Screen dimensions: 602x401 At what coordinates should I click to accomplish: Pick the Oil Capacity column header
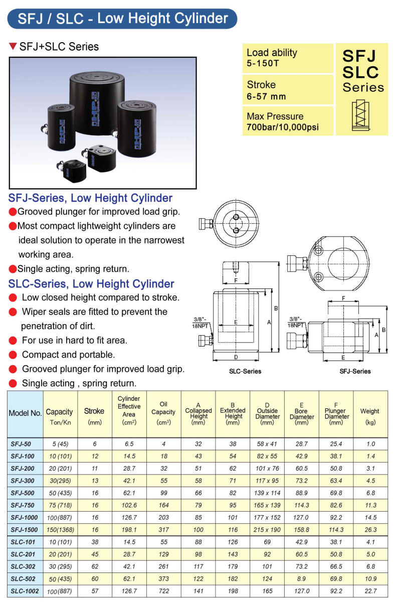pyautogui.click(x=163, y=412)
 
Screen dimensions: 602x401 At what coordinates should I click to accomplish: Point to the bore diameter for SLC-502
pyautogui.click(x=301, y=579)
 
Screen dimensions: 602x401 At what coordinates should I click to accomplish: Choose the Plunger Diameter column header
pyautogui.click(x=335, y=412)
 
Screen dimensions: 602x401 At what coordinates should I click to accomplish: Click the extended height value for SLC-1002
pyautogui.click(x=233, y=591)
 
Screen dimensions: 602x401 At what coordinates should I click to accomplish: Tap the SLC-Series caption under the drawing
pyautogui.click(x=245, y=372)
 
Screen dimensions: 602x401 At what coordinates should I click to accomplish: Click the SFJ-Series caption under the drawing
pyautogui.click(x=355, y=372)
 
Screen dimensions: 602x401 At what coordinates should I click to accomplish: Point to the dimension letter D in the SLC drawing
pyautogui.click(x=236, y=357)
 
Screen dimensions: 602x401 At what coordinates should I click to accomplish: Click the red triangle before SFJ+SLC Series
pyautogui.click(x=14, y=47)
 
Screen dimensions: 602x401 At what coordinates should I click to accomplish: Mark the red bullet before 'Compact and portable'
pyautogui.click(x=13, y=355)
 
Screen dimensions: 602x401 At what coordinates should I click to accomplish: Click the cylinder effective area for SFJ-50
pyautogui.click(x=129, y=443)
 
